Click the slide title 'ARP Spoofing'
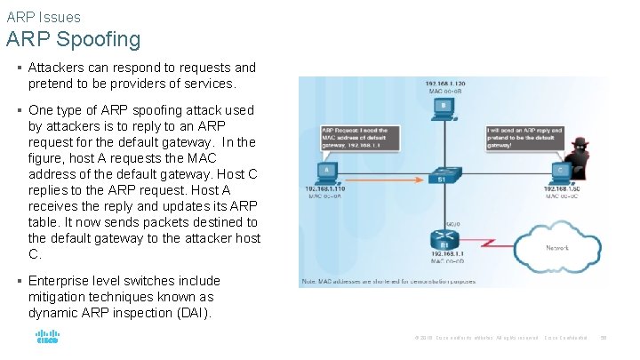(x=73, y=40)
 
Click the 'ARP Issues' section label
(x=43, y=17)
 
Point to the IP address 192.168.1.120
(x=444, y=83)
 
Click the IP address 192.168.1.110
(x=326, y=188)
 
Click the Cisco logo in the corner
(x=47, y=338)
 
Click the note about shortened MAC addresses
(x=388, y=281)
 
